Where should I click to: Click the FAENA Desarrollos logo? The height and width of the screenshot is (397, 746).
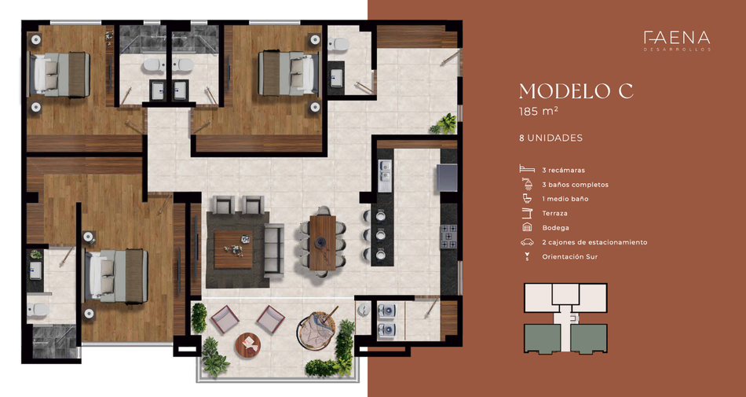(x=677, y=40)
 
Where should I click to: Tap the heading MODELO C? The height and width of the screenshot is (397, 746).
(x=576, y=91)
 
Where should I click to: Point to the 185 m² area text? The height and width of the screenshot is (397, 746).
(x=538, y=112)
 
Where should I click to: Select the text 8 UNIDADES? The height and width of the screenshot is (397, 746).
(x=551, y=138)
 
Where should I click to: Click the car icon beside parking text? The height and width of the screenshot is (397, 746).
(x=527, y=242)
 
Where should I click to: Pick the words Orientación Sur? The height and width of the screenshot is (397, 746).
(x=569, y=256)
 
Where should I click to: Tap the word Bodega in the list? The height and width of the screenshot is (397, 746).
(x=555, y=227)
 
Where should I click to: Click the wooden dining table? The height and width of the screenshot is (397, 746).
(x=323, y=242)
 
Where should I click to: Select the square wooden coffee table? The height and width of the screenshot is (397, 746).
(x=233, y=249)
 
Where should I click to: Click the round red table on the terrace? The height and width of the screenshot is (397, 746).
(x=248, y=346)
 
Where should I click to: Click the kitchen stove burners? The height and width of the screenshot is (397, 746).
(x=448, y=236)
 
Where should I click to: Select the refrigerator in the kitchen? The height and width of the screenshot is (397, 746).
(x=447, y=177)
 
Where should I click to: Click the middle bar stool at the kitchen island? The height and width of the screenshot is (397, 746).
(x=378, y=235)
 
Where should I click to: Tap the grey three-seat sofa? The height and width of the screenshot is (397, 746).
(x=274, y=250)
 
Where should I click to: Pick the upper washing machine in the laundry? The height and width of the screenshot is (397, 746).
(x=387, y=311)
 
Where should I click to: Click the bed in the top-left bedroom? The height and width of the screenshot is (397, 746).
(x=60, y=75)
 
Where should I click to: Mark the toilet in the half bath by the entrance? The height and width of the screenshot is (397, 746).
(x=340, y=45)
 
